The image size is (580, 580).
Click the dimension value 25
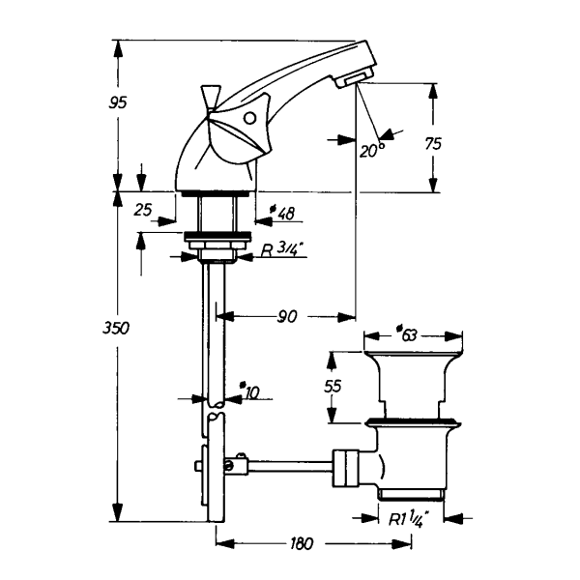tap(143, 210)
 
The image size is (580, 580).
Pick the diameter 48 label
tap(282, 213)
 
